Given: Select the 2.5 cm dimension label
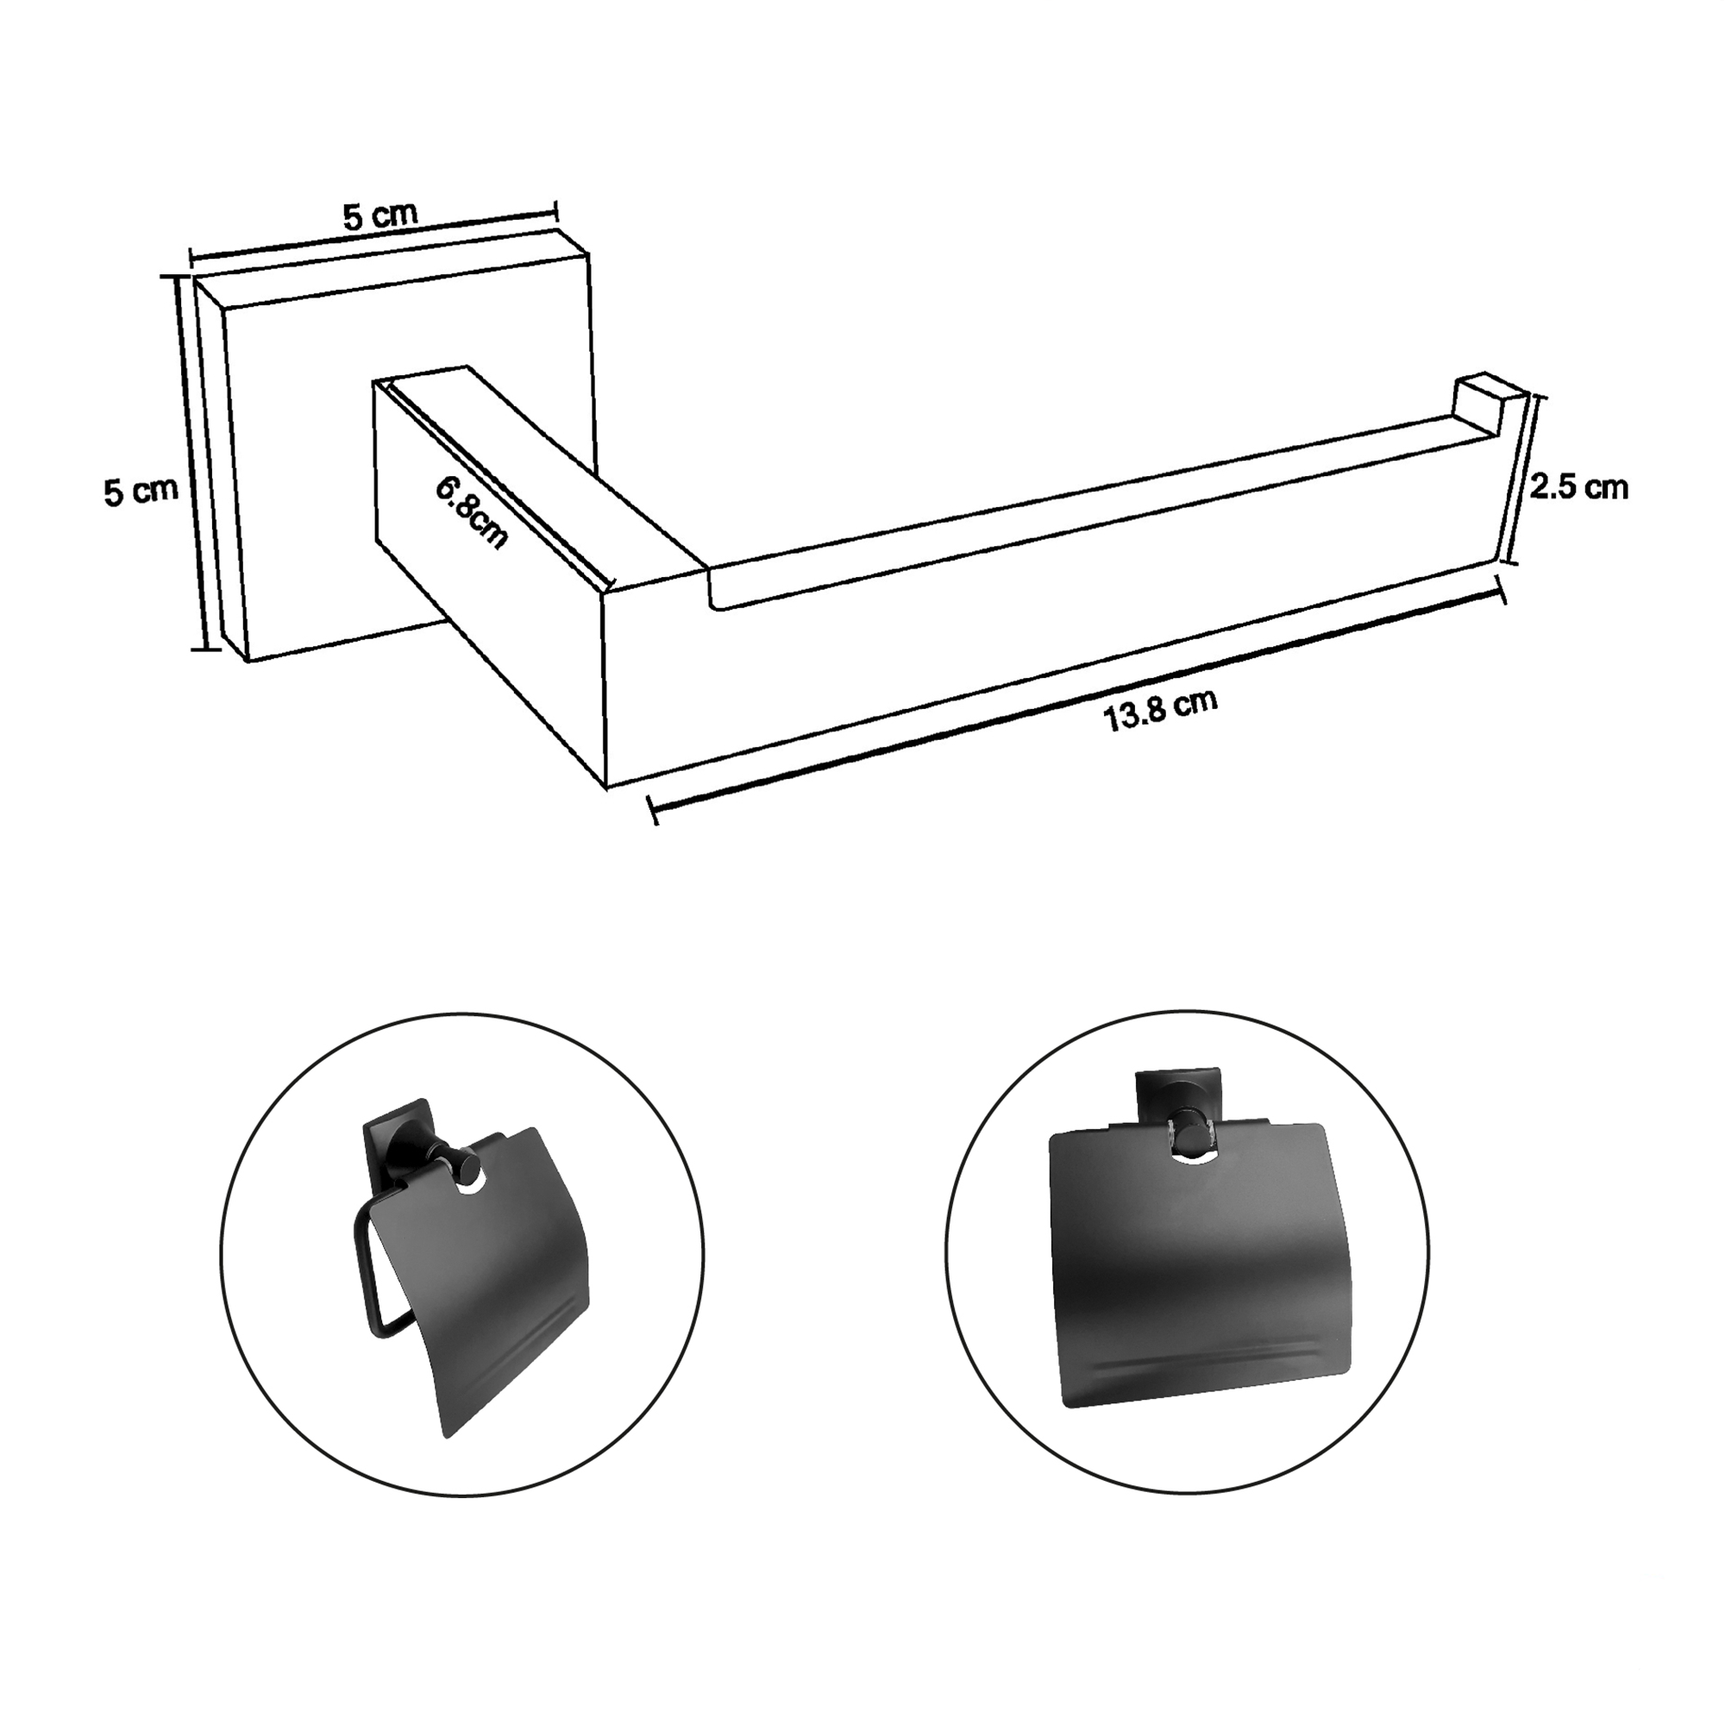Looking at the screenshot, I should [x=1578, y=487].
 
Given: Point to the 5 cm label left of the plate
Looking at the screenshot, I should [x=141, y=492].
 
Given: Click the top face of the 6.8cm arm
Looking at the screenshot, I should [x=536, y=464].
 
